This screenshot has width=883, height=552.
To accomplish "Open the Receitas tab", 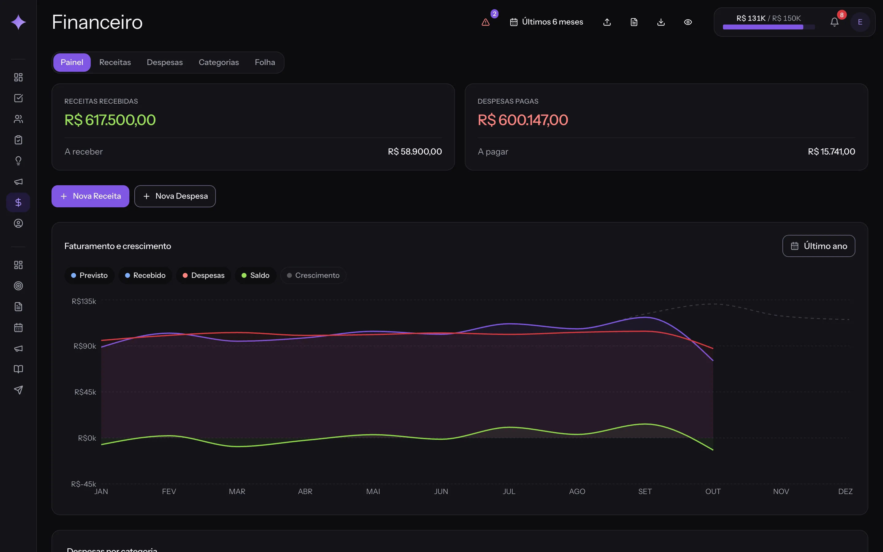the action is tap(115, 63).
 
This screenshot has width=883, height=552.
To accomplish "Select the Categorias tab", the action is tap(219, 63).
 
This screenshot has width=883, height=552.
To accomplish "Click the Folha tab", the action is tap(265, 63).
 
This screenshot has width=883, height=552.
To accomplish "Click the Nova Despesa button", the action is tap(175, 196).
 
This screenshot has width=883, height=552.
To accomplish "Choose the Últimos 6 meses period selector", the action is tap(546, 22).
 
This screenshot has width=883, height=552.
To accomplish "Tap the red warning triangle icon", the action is tap(485, 22).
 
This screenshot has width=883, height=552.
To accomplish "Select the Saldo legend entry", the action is tap(255, 275).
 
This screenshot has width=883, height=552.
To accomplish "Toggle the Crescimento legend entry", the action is tap(313, 275).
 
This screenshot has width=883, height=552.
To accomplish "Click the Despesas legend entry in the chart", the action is tap(204, 275).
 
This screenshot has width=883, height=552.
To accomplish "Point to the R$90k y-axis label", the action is tap(85, 346).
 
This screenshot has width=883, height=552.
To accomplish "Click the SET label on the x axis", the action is tap(645, 491).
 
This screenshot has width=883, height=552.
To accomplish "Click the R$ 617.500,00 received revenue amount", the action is tap(110, 120).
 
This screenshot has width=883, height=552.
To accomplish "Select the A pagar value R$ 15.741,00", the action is tap(831, 151).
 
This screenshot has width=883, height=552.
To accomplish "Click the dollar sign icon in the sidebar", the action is tap(18, 202).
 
